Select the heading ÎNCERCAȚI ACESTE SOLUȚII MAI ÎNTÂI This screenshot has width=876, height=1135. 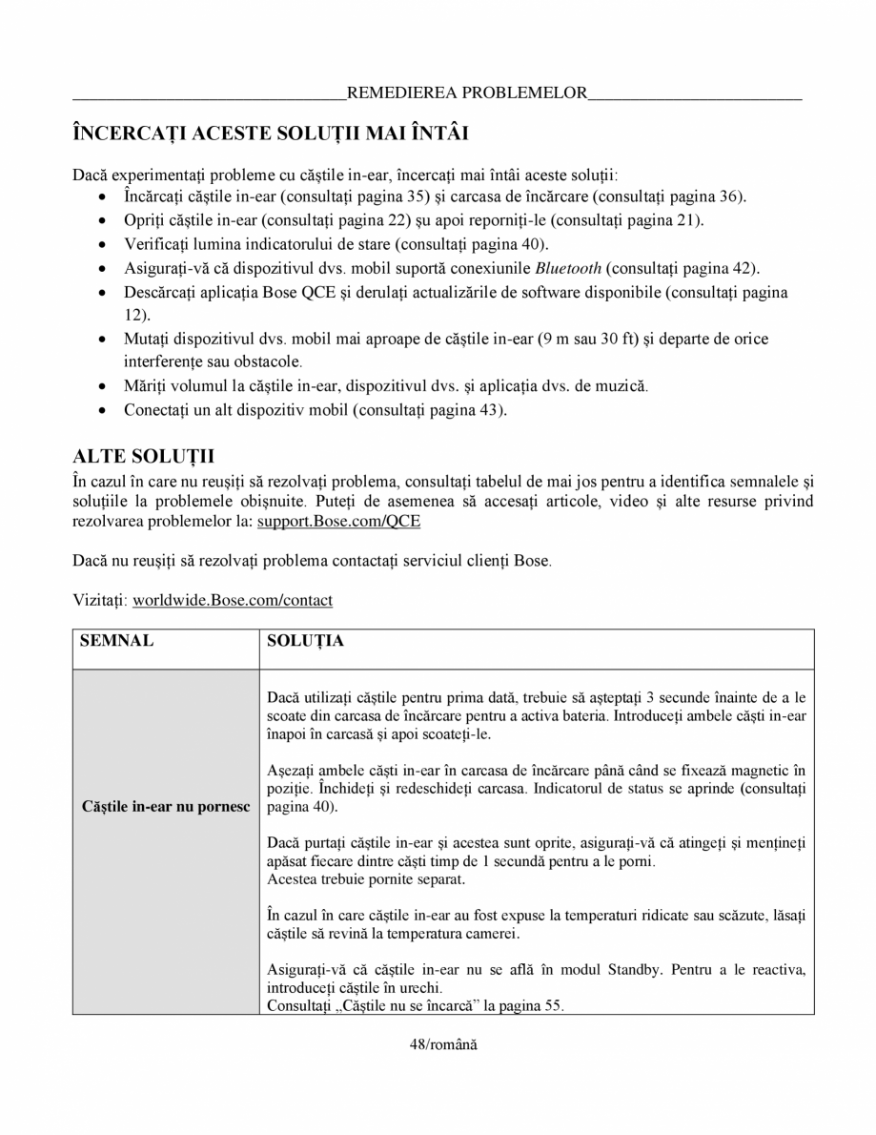coord(270,133)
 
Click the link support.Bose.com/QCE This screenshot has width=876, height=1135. coord(338,522)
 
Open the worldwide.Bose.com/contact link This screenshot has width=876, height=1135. coord(233,600)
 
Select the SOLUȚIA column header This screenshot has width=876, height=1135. coord(306,642)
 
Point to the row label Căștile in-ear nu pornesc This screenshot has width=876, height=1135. coord(166,807)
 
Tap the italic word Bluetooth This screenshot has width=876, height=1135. coord(568,268)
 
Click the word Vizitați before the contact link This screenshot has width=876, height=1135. coord(100,600)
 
